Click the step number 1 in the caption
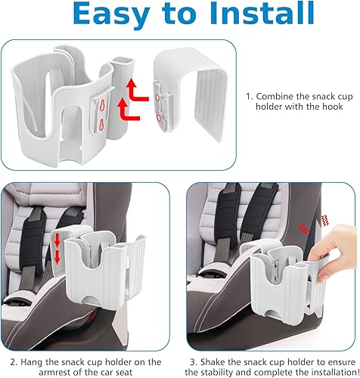(x=248, y=97)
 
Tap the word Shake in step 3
(x=216, y=341)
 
